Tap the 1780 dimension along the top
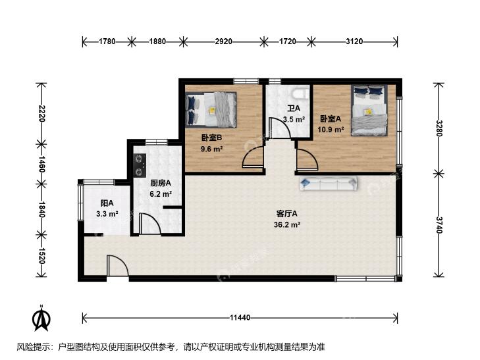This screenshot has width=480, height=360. [x=107, y=41]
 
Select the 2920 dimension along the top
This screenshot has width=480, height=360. [x=223, y=41]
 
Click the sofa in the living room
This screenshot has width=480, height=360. [x=328, y=184]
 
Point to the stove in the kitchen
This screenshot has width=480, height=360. [x=139, y=165]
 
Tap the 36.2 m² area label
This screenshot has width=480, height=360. [x=288, y=224]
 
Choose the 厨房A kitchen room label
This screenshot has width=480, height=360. [x=161, y=184]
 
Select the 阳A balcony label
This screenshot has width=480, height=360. [x=107, y=203]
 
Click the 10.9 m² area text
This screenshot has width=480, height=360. [x=330, y=130]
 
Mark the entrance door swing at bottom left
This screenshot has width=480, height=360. [x=117, y=267]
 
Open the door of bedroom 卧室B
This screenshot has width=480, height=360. [x=253, y=158]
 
